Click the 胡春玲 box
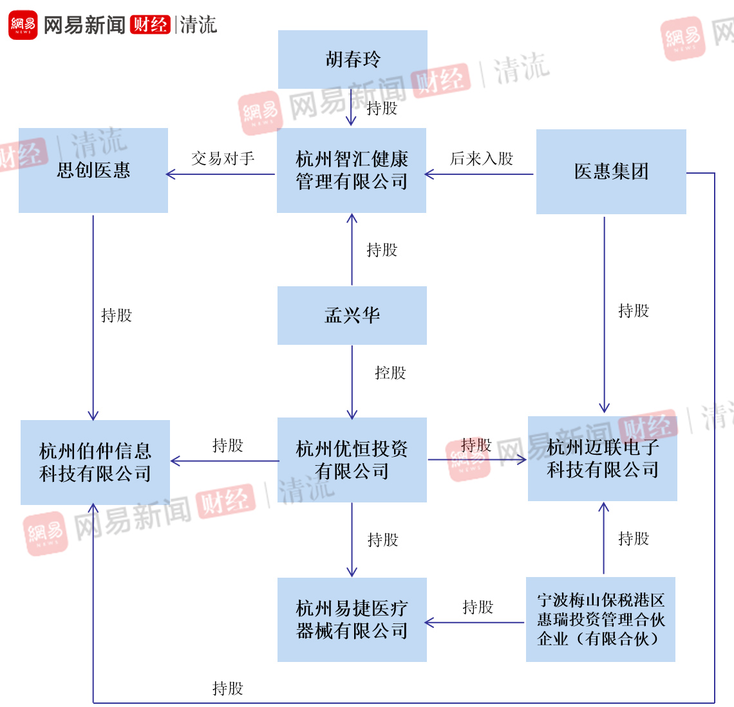(352, 59)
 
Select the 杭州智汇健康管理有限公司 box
(352, 170)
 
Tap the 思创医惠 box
(93, 170)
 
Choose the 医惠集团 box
(611, 172)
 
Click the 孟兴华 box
(352, 315)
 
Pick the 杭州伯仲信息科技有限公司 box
(95, 463)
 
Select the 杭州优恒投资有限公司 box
(352, 460)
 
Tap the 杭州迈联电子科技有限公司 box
(603, 459)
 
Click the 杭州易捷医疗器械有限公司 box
(352, 620)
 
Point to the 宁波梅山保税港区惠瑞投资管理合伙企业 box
(600, 620)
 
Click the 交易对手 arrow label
(223, 158)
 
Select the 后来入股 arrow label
(482, 158)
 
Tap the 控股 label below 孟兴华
(390, 373)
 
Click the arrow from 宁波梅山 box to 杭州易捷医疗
(475, 623)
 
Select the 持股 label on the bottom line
(228, 689)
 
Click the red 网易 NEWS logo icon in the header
(23, 25)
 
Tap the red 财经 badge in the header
(150, 25)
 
